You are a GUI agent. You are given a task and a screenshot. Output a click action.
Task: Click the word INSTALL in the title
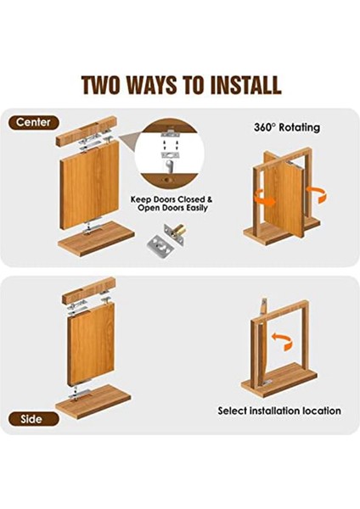(245, 85)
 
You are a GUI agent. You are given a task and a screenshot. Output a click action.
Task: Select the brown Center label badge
(33, 123)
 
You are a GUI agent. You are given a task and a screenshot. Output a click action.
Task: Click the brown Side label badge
(33, 419)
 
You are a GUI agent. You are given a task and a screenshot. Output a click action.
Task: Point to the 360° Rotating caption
(287, 127)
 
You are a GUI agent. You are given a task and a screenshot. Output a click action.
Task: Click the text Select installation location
(279, 411)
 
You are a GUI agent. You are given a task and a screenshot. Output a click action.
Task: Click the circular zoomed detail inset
(170, 153)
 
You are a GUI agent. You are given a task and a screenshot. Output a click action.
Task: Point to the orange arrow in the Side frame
(282, 342)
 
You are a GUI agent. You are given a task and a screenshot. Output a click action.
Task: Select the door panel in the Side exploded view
(91, 344)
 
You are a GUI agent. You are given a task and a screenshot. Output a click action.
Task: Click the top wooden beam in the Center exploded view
(87, 131)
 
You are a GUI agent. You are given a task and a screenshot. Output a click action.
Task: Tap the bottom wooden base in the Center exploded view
(96, 238)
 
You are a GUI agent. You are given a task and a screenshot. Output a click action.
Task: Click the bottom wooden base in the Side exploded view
(93, 401)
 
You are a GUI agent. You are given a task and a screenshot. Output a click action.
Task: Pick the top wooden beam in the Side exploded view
(88, 291)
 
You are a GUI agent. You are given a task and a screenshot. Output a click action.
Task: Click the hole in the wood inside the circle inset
(168, 179)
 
